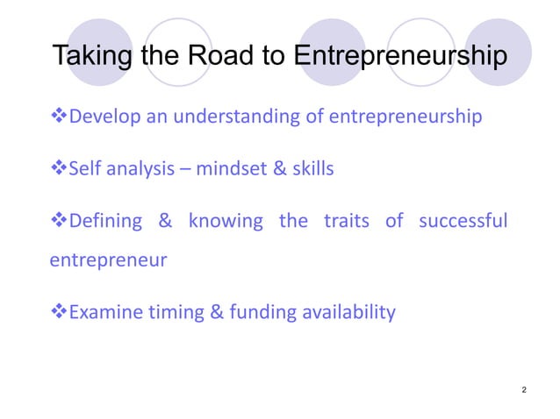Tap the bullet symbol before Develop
pos(59,116)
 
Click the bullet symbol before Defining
pos(59,220)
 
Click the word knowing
pos(226,220)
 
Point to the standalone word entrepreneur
pos(106,260)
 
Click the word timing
pos(174,312)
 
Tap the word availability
pos(349,312)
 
